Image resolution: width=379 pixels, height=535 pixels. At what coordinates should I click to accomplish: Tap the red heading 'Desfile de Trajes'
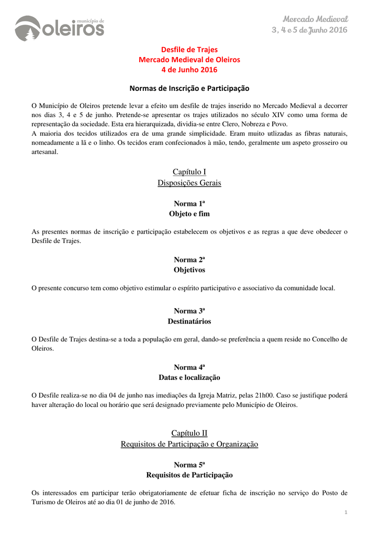pos(189,50)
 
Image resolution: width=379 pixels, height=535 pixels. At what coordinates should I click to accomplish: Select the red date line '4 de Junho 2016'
pos(189,69)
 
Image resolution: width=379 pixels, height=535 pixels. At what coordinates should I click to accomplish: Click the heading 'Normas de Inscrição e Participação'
pos(189,88)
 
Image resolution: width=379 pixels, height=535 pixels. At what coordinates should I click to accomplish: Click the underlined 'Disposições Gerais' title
pos(189,183)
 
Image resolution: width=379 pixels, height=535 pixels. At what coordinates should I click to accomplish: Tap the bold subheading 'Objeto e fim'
pos(189,214)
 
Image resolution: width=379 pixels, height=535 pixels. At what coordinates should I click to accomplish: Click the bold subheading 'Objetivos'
pos(189,270)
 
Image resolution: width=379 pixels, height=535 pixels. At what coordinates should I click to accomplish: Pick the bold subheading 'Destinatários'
pos(189,321)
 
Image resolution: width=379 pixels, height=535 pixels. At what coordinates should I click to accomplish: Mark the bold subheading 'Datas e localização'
pos(189,377)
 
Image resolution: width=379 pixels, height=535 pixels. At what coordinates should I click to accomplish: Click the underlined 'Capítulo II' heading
pos(189,433)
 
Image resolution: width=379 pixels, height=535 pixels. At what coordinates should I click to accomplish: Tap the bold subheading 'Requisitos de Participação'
pos(189,475)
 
